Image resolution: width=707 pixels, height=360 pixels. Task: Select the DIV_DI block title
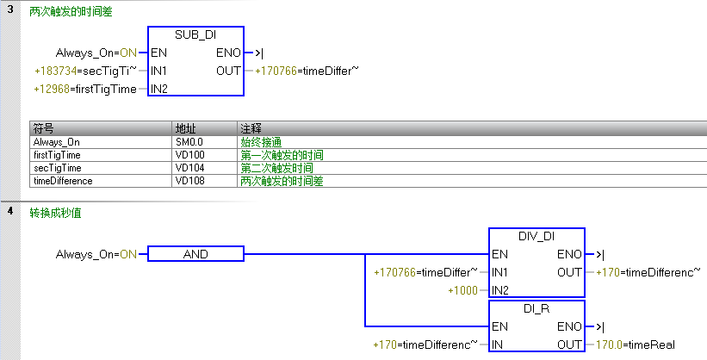536,236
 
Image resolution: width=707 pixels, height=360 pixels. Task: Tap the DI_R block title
536,308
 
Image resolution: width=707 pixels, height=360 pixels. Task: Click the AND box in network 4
196,254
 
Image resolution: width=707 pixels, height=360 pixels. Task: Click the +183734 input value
53,70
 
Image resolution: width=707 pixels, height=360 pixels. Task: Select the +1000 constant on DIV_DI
464,290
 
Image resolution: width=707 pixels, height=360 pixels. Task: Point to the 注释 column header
251,128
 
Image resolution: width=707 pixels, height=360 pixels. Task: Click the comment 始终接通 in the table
261,141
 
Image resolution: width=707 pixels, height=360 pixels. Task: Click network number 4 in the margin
9,212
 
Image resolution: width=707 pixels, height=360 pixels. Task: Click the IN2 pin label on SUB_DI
158,88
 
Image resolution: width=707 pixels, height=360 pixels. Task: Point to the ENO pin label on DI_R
569,327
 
